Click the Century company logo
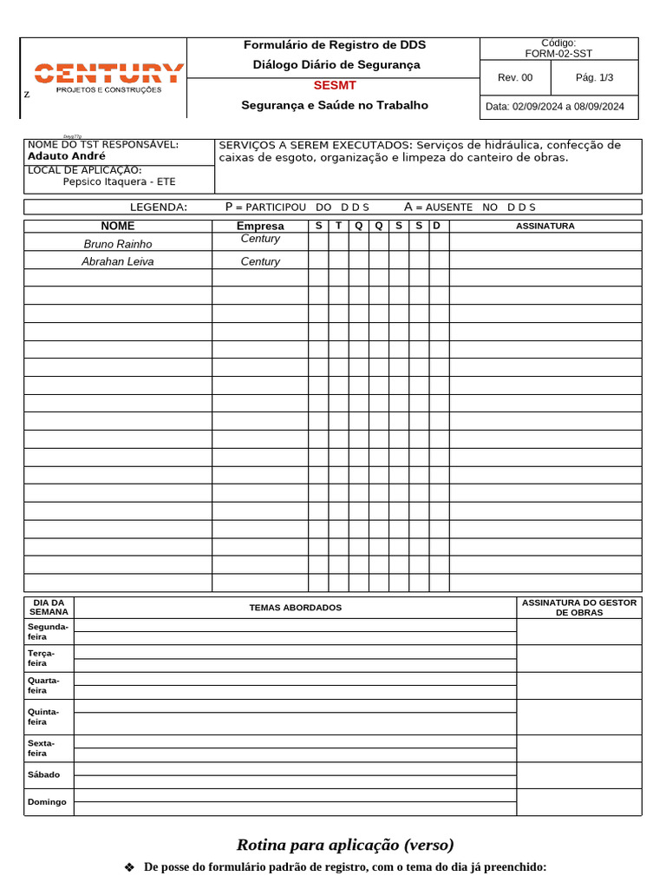108,76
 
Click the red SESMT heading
334,85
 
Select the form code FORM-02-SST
558,54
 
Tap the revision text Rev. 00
515,78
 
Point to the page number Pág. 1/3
594,78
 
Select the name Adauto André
67,156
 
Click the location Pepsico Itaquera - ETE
119,181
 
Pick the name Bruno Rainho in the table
117,244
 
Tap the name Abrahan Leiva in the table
117,261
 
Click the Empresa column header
260,226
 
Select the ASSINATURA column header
545,226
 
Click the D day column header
437,226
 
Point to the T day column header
338,226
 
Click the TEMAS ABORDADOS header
295,608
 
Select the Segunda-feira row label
48,631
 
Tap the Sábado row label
44,774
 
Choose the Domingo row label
47,802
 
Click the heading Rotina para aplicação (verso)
345,845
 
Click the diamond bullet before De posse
130,867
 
